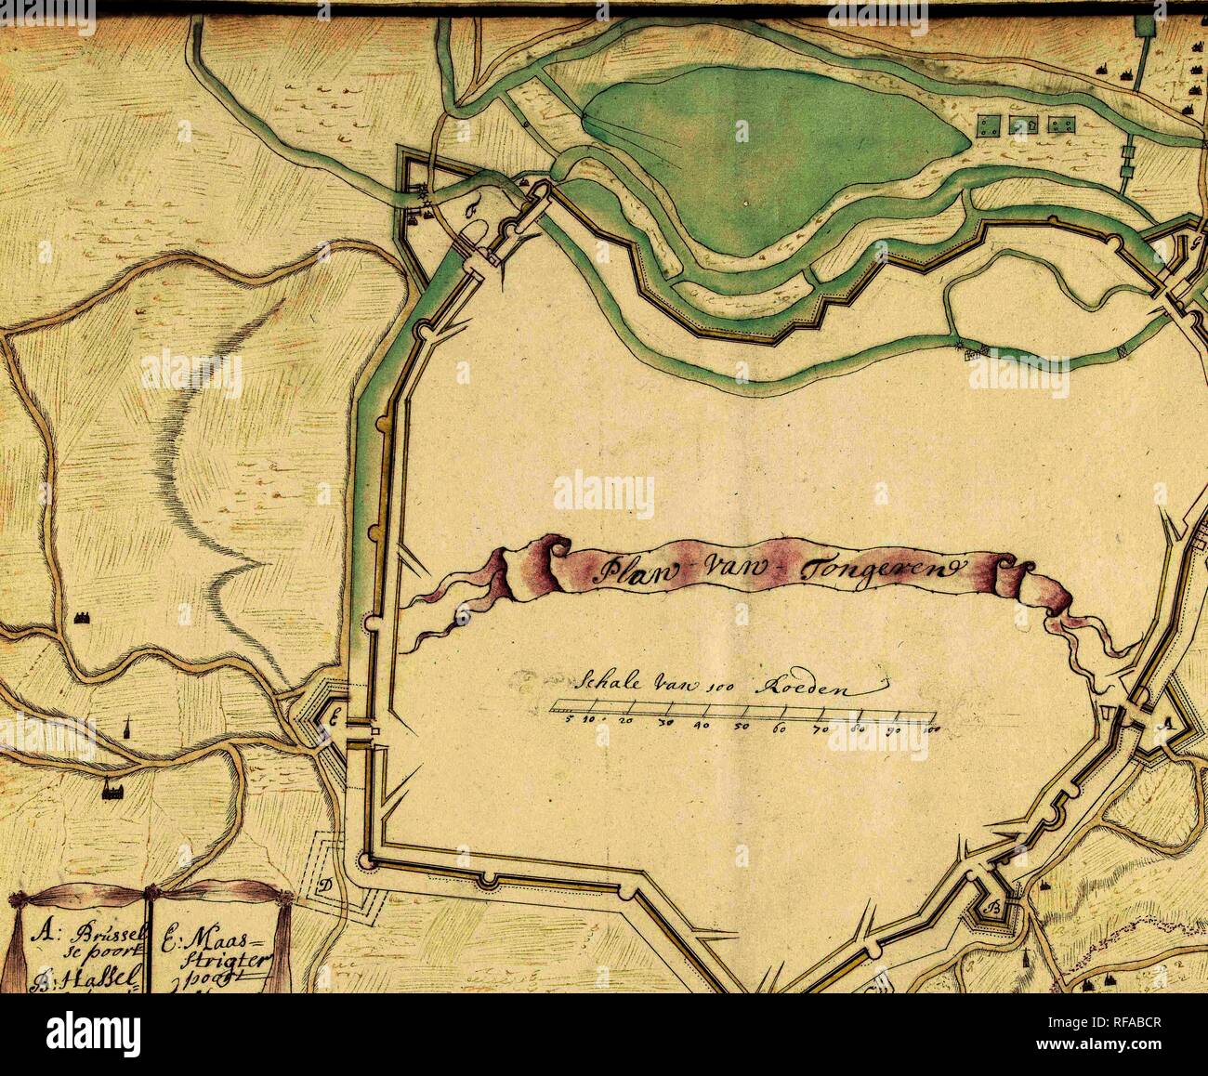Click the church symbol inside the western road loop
click(x=80, y=617)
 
